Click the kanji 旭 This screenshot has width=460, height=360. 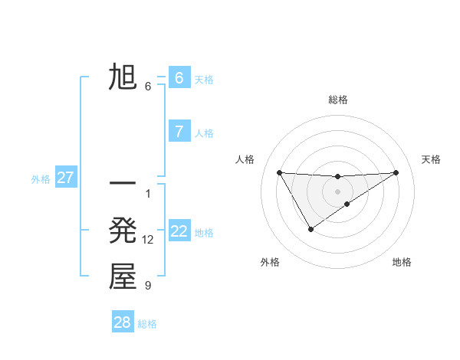click(x=123, y=77)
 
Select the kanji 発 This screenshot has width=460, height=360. click(x=123, y=231)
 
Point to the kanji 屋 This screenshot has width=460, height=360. click(x=123, y=277)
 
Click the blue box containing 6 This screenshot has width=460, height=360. click(x=179, y=77)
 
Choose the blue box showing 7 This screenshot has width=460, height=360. click(x=179, y=132)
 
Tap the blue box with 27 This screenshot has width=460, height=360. click(x=65, y=178)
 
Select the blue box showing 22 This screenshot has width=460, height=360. click(x=179, y=231)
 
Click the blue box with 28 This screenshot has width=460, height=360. click(x=122, y=322)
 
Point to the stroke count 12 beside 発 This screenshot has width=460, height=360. click(x=148, y=240)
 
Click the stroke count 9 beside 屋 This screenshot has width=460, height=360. click(x=148, y=286)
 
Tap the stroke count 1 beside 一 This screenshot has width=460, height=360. click(x=148, y=193)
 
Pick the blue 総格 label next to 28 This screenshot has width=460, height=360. click(x=147, y=324)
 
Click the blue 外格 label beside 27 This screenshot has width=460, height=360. click(x=41, y=179)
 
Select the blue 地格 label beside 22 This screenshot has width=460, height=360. click(x=204, y=233)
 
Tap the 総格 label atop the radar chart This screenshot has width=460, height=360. click(x=337, y=100)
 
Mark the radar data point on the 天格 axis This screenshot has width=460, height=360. click(x=396, y=172)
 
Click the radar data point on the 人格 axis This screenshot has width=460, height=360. click(x=279, y=172)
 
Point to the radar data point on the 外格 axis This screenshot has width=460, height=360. click(x=310, y=228)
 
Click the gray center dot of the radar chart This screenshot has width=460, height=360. click(x=337, y=191)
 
